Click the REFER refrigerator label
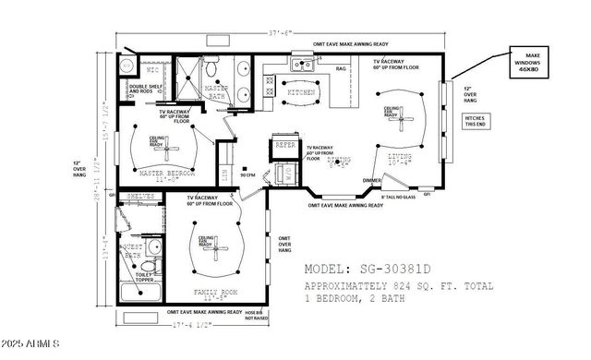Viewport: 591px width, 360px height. (284, 145)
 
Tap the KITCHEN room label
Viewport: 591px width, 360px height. (299, 93)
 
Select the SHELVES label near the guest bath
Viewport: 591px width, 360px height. (139, 197)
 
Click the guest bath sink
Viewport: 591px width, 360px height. (154, 247)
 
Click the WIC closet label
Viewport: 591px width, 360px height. (153, 70)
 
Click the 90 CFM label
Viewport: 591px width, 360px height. (247, 174)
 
